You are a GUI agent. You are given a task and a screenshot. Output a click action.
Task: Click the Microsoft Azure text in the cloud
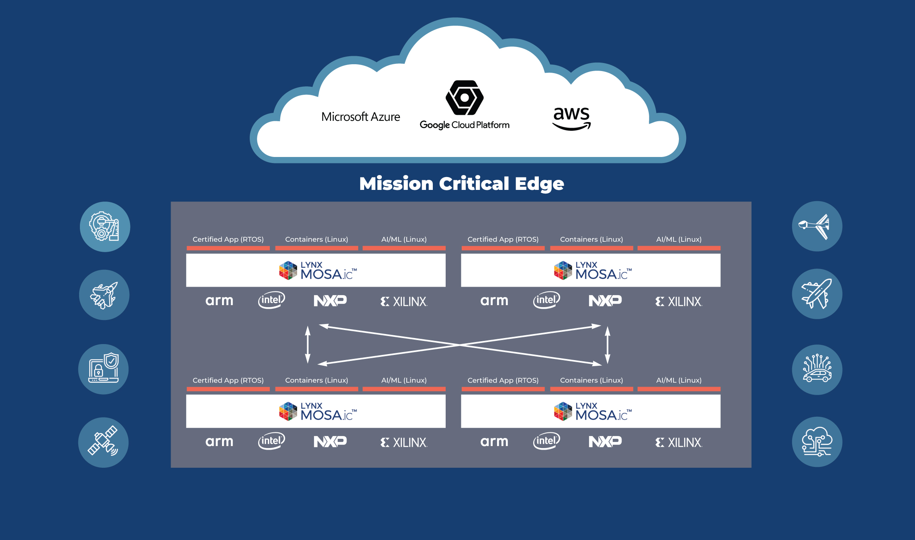coord(361,117)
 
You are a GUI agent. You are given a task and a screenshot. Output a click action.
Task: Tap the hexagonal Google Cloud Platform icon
coord(465,98)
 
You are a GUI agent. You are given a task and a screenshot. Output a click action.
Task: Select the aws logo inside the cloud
coord(571,118)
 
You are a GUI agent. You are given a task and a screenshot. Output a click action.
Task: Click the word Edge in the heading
coord(539,184)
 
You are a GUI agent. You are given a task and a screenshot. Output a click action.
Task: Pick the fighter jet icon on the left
coord(104,295)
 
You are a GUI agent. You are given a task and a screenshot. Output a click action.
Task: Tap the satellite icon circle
coord(103,442)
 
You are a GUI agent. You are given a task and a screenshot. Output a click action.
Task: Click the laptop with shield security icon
coord(104,369)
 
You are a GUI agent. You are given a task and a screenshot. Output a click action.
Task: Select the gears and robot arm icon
coord(105,226)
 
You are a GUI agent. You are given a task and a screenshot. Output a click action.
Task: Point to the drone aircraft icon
coord(817,226)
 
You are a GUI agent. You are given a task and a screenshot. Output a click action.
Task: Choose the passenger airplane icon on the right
coord(817,294)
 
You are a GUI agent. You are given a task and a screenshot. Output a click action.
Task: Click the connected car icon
coord(817,369)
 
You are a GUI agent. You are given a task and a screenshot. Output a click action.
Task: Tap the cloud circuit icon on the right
coord(817,442)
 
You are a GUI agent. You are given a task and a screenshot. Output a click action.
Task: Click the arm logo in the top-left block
coord(219,301)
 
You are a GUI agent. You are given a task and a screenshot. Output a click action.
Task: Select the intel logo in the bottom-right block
coord(546,441)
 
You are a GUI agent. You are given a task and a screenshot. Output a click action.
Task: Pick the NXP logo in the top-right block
coord(605,301)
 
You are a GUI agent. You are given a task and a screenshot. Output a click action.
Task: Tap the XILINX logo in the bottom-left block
coord(404,442)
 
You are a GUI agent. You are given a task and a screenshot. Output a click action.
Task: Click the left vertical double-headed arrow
coord(308,344)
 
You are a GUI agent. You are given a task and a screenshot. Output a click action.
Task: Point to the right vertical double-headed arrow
coord(607,344)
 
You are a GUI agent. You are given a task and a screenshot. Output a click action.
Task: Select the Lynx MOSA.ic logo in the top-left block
coord(318,270)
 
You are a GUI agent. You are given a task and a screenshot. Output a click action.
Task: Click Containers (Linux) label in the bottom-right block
coord(591,380)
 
